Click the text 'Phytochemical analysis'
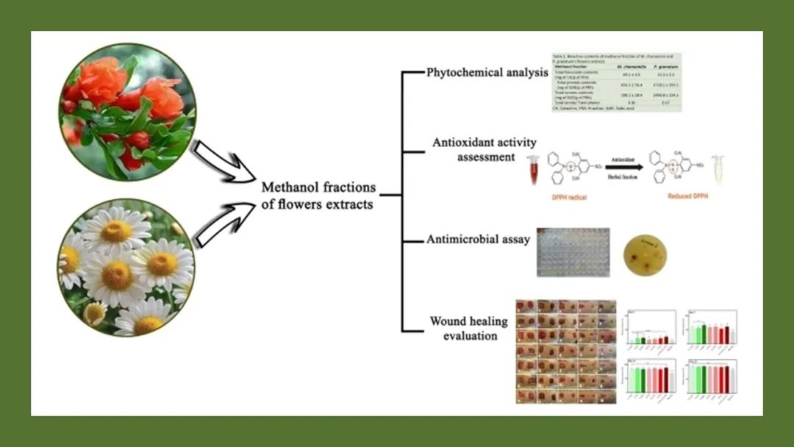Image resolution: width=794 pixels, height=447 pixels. [487, 72]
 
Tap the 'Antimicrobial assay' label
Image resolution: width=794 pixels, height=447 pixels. [479, 239]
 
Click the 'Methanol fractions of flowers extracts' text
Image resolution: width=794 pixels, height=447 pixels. [318, 196]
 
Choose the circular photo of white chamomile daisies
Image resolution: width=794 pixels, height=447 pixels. [126, 267]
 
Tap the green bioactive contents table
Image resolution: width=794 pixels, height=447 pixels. [616, 81]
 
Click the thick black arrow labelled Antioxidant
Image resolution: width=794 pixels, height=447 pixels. [623, 167]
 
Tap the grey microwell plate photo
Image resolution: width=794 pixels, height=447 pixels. [573, 251]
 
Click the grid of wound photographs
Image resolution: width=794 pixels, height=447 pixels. [565, 351]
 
